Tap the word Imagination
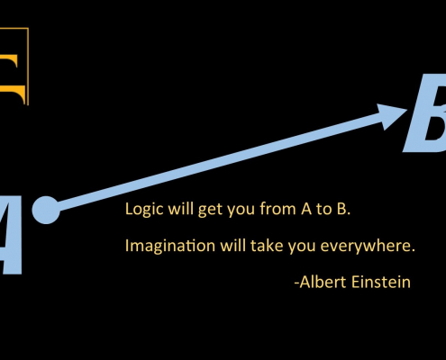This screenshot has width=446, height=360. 170,246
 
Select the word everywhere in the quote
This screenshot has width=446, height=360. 368,246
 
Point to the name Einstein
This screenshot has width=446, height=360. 381,282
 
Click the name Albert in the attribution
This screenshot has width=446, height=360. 323,282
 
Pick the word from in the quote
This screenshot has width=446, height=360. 278,209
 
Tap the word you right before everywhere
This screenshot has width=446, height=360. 302,247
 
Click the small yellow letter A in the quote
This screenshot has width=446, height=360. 306,209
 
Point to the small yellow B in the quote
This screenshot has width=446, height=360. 341,209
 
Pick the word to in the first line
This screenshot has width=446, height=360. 323,210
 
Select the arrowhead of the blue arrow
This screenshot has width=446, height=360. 390,116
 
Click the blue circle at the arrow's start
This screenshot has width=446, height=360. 46,210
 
